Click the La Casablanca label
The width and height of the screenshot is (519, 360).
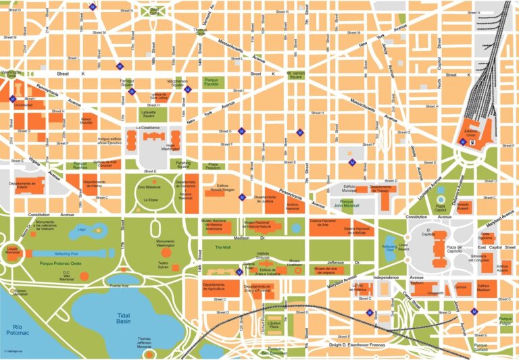coord(147,127)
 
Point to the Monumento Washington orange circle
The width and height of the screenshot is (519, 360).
coord(166,253)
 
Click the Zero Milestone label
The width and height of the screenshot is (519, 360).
coord(148,186)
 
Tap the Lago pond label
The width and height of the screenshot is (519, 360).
coord(82,230)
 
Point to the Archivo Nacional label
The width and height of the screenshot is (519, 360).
coord(293,206)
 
